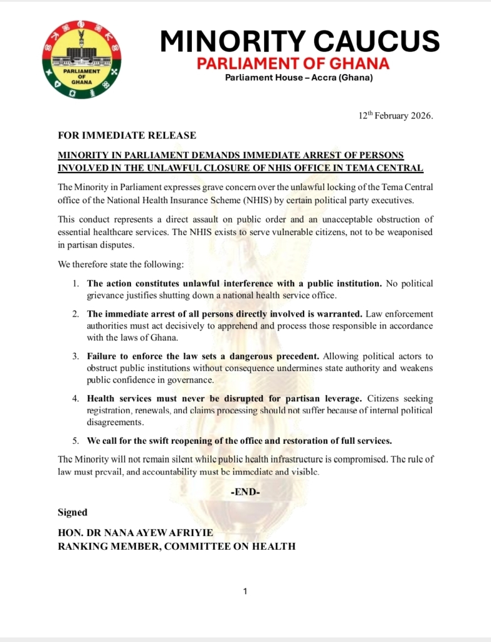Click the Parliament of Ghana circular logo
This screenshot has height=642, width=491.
(82, 60)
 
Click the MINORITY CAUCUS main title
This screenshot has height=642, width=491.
(299, 41)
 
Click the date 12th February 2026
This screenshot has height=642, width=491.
(395, 117)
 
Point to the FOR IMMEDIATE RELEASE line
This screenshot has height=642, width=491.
(127, 135)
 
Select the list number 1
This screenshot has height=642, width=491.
(75, 284)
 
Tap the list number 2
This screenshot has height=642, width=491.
(75, 313)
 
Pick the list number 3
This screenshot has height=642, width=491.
(75, 356)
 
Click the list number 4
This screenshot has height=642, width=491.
(75, 399)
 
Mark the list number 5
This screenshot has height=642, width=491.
(75, 441)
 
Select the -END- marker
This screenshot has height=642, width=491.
(245, 492)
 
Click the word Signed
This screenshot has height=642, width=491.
(73, 512)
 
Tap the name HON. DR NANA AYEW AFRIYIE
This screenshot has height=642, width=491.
(135, 533)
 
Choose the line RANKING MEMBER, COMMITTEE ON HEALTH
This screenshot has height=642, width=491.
(176, 546)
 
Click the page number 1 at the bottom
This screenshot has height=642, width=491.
(245, 591)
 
